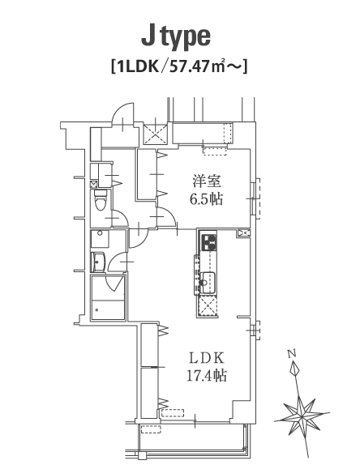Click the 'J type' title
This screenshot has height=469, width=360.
point(176,37)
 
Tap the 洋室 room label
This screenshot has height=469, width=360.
point(207,181)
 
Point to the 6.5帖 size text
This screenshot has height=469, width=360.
point(207,198)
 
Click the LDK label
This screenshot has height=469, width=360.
point(207,358)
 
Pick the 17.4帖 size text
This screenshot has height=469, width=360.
point(207,375)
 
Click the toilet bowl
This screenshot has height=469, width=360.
point(100,200)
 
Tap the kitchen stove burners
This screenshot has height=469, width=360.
point(208,242)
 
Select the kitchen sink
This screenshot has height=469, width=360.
point(208,282)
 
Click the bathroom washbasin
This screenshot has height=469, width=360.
point(99,262)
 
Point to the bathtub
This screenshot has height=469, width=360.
point(108,309)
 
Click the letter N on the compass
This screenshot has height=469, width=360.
point(292,354)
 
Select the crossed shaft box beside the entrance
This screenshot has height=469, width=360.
point(155,134)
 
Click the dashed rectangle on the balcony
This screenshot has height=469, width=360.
point(151,429)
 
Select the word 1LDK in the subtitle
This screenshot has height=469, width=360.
point(137,67)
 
